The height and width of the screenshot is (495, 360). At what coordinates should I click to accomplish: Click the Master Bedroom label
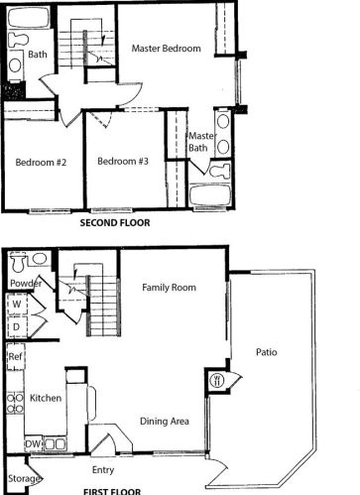pyautogui.click(x=166, y=49)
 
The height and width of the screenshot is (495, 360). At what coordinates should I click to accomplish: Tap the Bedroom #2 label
pyautogui.click(x=41, y=163)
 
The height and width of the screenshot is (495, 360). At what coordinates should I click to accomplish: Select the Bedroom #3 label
pyautogui.click(x=123, y=161)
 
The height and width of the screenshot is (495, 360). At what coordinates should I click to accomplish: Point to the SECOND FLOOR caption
pyautogui.click(x=115, y=222)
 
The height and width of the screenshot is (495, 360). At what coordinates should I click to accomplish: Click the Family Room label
pyautogui.click(x=169, y=288)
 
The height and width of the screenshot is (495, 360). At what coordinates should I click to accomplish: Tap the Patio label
pyautogui.click(x=267, y=352)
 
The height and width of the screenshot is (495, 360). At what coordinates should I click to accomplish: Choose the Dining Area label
pyautogui.click(x=165, y=421)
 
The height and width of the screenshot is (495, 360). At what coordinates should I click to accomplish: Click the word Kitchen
pyautogui.click(x=46, y=398)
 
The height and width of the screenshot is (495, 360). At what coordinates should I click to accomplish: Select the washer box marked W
pyautogui.click(x=17, y=304)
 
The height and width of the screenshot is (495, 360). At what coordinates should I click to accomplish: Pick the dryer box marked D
pyautogui.click(x=17, y=326)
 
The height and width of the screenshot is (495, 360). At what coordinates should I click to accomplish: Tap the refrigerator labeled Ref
pyautogui.click(x=16, y=356)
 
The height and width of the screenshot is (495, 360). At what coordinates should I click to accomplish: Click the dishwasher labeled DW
pyautogui.click(x=33, y=444)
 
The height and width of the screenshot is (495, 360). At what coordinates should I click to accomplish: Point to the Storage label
pyautogui.click(x=24, y=478)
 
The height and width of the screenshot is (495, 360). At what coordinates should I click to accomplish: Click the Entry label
pyautogui.click(x=103, y=469)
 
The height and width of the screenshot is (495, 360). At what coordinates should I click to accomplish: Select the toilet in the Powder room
pyautogui.click(x=18, y=262)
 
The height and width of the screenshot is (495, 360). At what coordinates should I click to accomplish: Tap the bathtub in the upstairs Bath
pyautogui.click(x=29, y=17)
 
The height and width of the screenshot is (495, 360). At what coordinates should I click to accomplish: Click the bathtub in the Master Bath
pyautogui.click(x=210, y=196)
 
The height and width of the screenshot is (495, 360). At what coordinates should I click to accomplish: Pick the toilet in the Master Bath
pyautogui.click(x=220, y=171)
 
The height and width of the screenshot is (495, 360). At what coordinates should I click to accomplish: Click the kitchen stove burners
pyautogui.click(x=15, y=403)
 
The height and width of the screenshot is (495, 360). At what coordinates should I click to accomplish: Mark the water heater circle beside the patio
pyautogui.click(x=217, y=380)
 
